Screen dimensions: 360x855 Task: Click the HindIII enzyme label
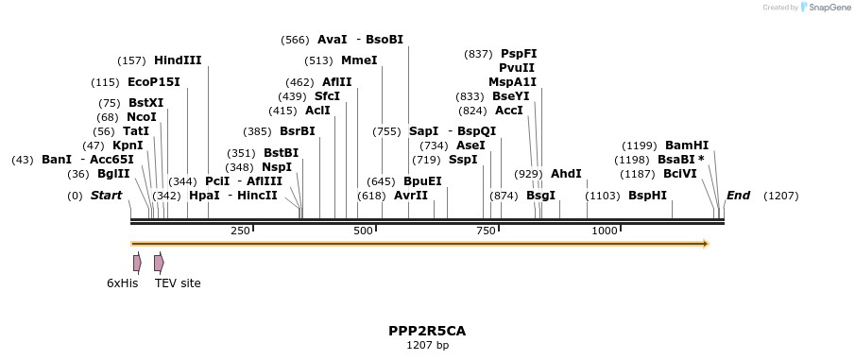[x=178, y=60]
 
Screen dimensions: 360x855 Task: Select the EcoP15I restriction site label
[x=153, y=82]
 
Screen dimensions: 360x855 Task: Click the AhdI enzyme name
[x=566, y=174]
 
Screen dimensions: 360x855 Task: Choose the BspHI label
[x=647, y=196]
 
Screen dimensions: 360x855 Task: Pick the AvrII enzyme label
[x=410, y=196]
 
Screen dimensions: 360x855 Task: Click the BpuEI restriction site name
[x=422, y=180]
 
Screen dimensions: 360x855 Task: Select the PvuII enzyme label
[x=517, y=68]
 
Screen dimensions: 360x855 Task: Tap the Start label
[x=106, y=196]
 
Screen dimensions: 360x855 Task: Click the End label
[x=738, y=196]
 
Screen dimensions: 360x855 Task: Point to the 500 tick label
[x=363, y=231]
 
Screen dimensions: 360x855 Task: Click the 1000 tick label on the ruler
[x=604, y=231]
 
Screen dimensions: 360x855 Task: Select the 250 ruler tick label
[x=240, y=231]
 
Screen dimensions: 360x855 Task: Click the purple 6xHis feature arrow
[x=137, y=262]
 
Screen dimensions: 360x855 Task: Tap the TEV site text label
[x=178, y=283]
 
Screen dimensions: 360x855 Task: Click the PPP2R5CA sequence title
[x=427, y=331]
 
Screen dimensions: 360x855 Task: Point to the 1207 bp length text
[x=427, y=345]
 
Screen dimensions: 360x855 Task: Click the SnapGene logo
[x=822, y=8]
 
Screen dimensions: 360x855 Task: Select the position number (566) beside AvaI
[x=295, y=40]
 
